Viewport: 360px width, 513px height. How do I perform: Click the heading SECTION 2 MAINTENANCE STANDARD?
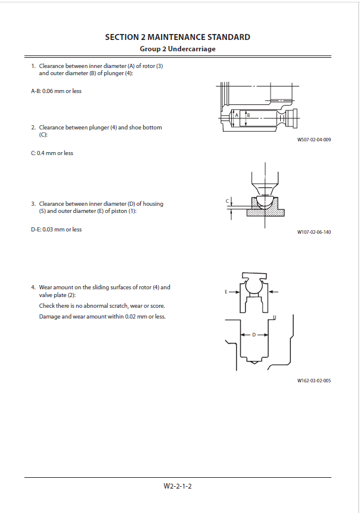pyautogui.click(x=178, y=37)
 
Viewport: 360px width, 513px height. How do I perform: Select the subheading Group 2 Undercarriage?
pyautogui.click(x=178, y=49)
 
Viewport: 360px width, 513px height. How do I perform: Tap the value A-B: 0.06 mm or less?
pyautogui.click(x=56, y=91)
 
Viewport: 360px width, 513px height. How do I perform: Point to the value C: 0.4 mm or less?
pyautogui.click(x=52, y=153)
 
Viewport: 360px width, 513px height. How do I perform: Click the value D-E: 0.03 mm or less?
pyautogui.click(x=56, y=229)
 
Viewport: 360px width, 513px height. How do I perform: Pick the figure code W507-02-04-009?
pyautogui.click(x=314, y=140)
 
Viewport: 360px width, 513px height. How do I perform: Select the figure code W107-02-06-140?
pyautogui.click(x=314, y=232)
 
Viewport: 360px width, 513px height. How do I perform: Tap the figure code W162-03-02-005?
pyautogui.click(x=314, y=381)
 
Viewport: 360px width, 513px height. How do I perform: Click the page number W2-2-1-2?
pyautogui.click(x=178, y=486)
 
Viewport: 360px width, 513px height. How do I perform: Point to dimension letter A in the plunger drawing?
pyautogui.click(x=237, y=115)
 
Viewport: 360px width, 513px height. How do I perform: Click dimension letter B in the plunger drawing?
pyautogui.click(x=249, y=115)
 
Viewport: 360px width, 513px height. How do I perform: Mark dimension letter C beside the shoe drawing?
pyautogui.click(x=227, y=201)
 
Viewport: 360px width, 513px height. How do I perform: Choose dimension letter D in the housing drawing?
pyautogui.click(x=254, y=335)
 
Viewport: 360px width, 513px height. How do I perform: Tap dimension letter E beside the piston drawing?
pyautogui.click(x=226, y=292)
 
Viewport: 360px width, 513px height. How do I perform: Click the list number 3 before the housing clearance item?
pyautogui.click(x=33, y=203)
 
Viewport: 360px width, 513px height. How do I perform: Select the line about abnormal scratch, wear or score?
pyautogui.click(x=102, y=305)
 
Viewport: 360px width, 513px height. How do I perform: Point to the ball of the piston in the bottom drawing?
pyautogui.click(x=254, y=287)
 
